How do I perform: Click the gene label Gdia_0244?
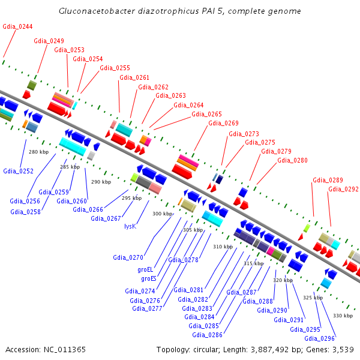coord(17,26)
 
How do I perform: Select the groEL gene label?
coord(145,269)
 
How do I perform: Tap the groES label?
coord(149,278)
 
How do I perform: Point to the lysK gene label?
coord(130,226)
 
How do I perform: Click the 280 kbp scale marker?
coord(39,152)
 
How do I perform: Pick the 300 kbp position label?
coord(163,214)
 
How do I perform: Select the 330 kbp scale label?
coord(343,316)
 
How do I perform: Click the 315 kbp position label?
coord(254,263)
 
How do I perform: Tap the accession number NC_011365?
coord(65,350)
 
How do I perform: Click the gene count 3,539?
coord(343,350)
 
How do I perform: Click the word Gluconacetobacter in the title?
coord(97,11)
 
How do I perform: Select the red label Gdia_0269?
coord(223,123)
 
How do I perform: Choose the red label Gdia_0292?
coord(343,189)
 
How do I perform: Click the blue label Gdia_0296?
coord(319,338)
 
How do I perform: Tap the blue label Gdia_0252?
coord(19,171)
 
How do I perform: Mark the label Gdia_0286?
coord(208,335)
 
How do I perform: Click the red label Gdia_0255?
coord(115,68)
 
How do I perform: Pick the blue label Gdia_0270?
coord(128,257)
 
